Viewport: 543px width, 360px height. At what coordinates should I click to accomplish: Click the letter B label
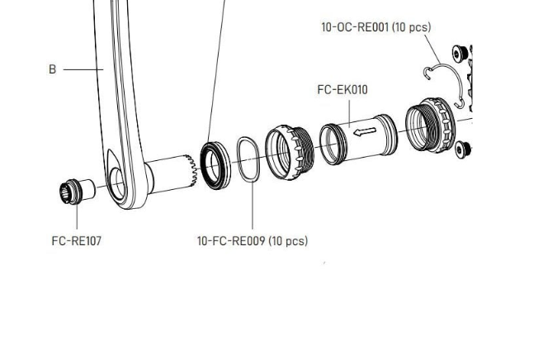pyautogui.click(x=52, y=69)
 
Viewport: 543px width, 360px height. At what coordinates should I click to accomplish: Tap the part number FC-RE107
pyautogui.click(x=76, y=241)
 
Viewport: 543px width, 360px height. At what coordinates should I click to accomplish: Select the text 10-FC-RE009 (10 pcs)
pyautogui.click(x=252, y=241)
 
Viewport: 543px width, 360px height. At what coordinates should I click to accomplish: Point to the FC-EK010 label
pyautogui.click(x=342, y=89)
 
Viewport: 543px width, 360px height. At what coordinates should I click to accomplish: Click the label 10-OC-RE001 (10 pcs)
pyautogui.click(x=375, y=27)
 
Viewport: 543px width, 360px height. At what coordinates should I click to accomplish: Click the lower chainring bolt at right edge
pyautogui.click(x=463, y=149)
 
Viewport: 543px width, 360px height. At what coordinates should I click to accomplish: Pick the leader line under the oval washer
pyautogui.click(x=252, y=206)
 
